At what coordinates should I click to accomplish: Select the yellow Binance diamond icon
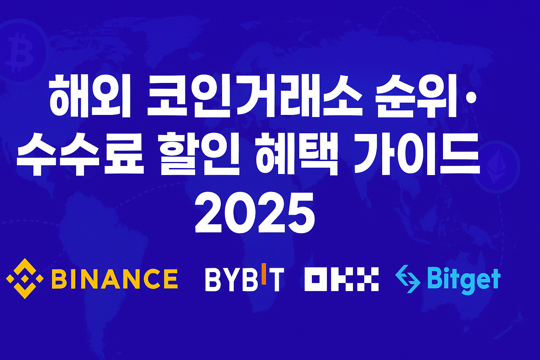tap(25, 278)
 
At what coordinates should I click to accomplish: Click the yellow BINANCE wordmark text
tap(115, 279)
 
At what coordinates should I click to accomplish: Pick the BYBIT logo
tap(244, 279)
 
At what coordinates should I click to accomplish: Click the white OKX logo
tap(341, 279)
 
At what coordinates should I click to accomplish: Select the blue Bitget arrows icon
tap(408, 279)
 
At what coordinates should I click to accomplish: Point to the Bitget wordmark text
tap(464, 279)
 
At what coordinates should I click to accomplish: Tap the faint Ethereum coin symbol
tap(496, 167)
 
